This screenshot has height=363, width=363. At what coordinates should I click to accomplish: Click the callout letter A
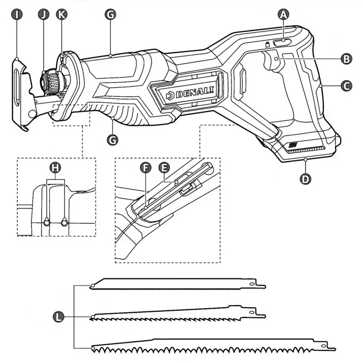[283, 14]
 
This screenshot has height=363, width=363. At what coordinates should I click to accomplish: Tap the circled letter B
[346, 59]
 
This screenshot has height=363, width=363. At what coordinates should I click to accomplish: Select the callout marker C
[346, 86]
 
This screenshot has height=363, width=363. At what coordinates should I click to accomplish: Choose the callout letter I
[17, 14]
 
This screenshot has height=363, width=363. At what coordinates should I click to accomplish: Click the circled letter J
[44, 14]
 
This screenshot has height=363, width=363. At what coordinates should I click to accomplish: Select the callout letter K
[62, 14]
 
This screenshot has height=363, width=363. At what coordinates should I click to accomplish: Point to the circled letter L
[59, 317]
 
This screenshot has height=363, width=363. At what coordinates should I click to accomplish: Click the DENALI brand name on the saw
[195, 94]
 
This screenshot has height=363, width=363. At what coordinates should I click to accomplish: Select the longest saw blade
[213, 347]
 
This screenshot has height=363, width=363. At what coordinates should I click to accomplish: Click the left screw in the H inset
[47, 222]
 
